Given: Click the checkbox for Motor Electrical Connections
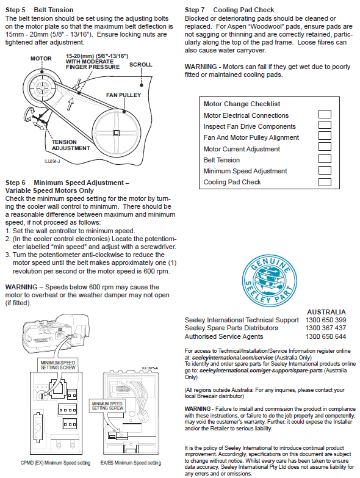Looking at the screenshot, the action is [325, 114].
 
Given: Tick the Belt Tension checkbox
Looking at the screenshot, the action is [325, 159].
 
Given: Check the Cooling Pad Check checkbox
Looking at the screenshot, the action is [325, 182].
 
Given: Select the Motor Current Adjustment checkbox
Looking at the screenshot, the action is [325, 147].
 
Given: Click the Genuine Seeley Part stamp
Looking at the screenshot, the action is [270, 281].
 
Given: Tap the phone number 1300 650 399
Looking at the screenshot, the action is [326, 320].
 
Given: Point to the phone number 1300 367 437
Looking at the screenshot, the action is [326, 328].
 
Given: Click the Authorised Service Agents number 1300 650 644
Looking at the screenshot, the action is [326, 336].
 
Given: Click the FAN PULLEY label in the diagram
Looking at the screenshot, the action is [123, 95].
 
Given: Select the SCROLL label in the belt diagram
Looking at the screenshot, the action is [141, 65].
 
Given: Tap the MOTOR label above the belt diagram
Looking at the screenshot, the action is [41, 58].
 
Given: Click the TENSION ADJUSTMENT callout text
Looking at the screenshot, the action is [71, 145].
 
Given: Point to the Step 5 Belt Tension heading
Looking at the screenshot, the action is [39, 10].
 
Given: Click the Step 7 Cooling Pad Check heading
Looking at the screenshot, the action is [229, 10].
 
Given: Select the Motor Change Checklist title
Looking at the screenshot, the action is [242, 104].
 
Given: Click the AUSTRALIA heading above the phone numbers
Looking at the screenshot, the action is [326, 312].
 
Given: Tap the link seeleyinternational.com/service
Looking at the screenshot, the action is [232, 358].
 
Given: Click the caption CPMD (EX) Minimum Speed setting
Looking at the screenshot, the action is [56, 463].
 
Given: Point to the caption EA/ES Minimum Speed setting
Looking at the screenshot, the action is [131, 463].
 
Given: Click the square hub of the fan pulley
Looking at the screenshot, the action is [117, 133].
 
